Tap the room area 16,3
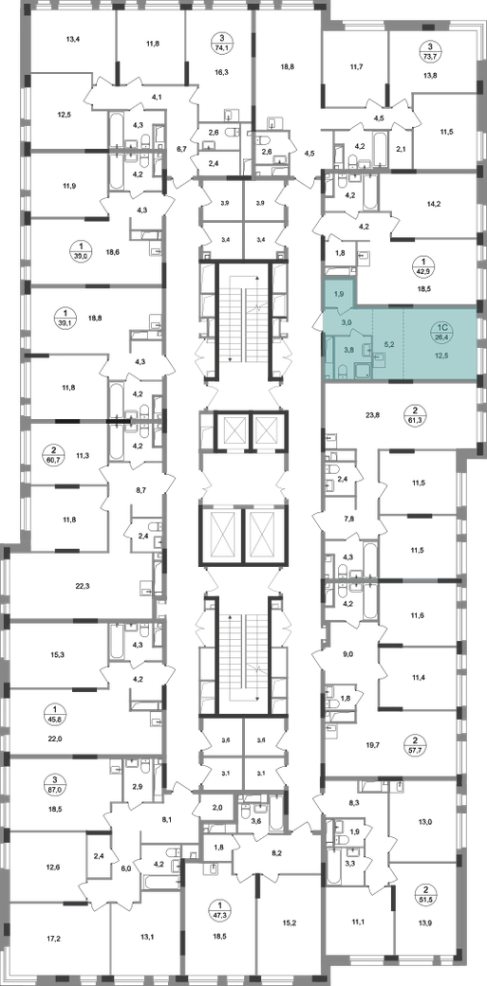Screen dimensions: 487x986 221,72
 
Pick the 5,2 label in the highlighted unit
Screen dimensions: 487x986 388,345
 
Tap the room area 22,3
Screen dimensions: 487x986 84,586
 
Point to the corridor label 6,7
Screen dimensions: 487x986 181,149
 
